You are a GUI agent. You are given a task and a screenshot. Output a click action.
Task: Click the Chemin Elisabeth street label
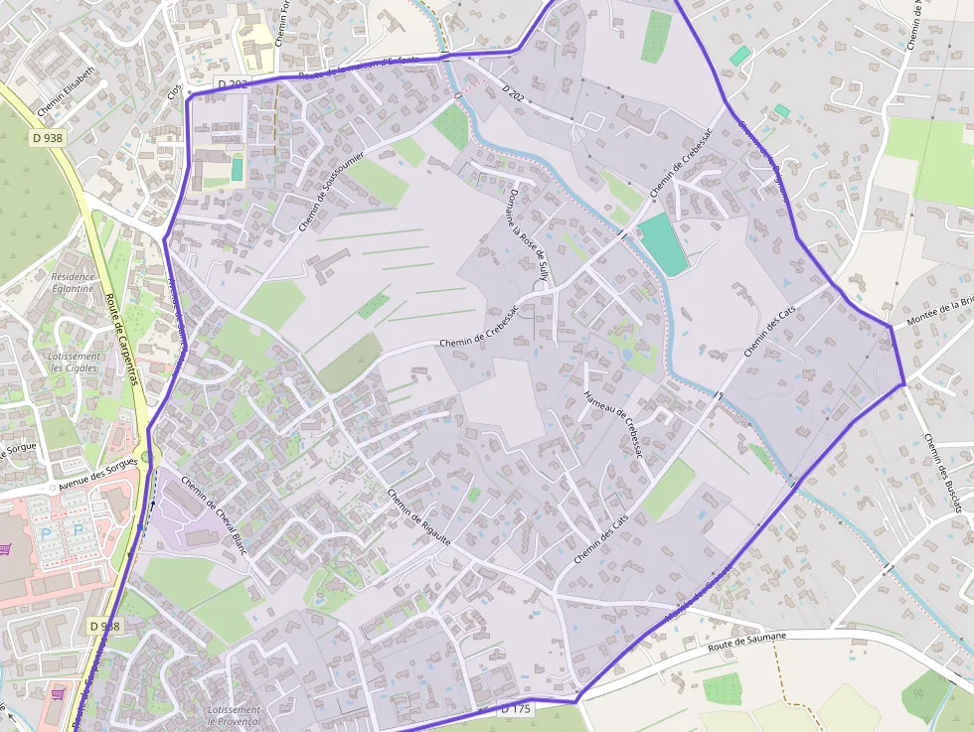[x=67, y=90]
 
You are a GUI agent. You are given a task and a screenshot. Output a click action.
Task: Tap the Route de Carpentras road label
[x=122, y=349]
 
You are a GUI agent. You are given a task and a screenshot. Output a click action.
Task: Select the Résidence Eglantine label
[x=73, y=282]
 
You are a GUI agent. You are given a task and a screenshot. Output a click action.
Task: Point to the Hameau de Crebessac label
[x=614, y=424]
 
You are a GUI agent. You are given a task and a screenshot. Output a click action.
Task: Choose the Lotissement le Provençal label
[x=235, y=715]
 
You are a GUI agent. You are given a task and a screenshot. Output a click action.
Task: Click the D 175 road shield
[x=517, y=709]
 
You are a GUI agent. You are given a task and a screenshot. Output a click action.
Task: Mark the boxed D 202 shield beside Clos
[x=231, y=84]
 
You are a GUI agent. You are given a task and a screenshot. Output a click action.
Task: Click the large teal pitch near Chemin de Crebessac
[x=663, y=244]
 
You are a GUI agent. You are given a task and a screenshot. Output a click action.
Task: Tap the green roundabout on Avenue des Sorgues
[x=149, y=458]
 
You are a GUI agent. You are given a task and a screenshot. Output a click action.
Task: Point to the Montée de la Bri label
[x=938, y=313]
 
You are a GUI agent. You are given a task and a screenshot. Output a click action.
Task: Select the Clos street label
[x=176, y=90]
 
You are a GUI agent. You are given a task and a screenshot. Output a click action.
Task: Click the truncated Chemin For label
[x=281, y=22]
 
